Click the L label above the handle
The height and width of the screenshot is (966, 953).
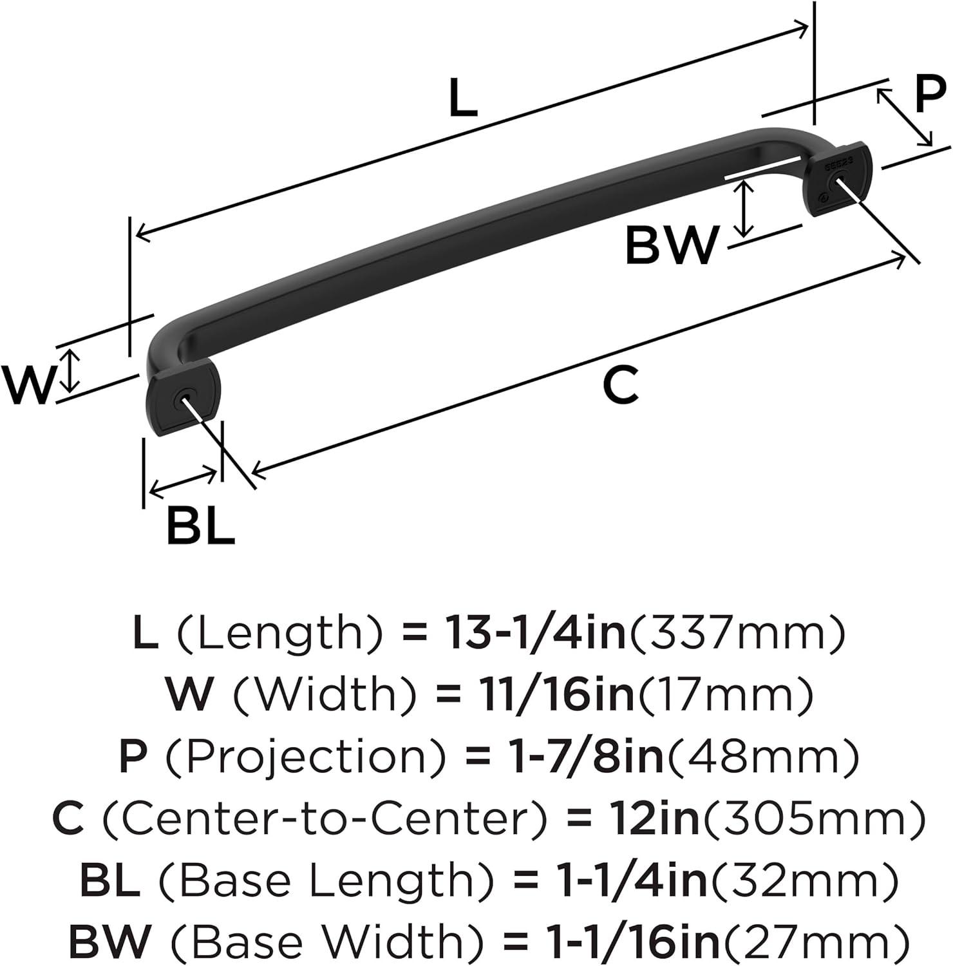pyautogui.click(x=463, y=98)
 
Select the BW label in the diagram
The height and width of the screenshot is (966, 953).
pyautogui.click(x=671, y=245)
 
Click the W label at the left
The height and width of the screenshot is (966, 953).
pyautogui.click(x=26, y=386)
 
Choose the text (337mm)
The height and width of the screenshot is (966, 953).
pyautogui.click(x=736, y=633)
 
